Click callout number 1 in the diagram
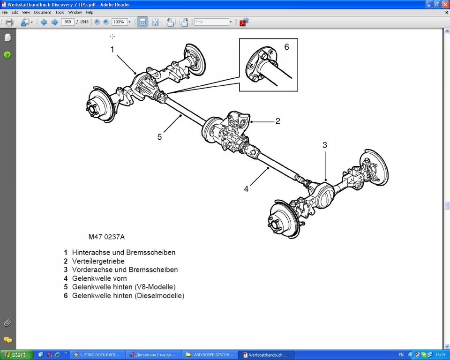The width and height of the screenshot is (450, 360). pos(112,49)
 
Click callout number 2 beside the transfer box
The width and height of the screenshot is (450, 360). pos(277,121)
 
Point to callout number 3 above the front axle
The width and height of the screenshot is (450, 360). pos(324,145)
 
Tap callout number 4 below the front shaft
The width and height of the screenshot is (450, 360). pos(246,189)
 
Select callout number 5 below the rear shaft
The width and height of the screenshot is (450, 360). pos(159,137)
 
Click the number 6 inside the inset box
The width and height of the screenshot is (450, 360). pos(287,47)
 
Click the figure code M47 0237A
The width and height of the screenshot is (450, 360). pos(106,237)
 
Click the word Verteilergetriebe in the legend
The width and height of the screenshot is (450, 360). pos(98,261)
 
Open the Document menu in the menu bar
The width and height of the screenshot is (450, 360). pos(42,12)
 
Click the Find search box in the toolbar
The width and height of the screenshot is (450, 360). pos(211,22)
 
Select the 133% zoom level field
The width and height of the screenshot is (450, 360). pos(119,22)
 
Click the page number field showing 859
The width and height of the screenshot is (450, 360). pos(67,22)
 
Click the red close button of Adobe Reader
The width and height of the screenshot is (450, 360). pos(445,4)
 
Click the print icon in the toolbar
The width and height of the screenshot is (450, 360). pos(9,22)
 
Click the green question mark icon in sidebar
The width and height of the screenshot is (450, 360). pos(7,55)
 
